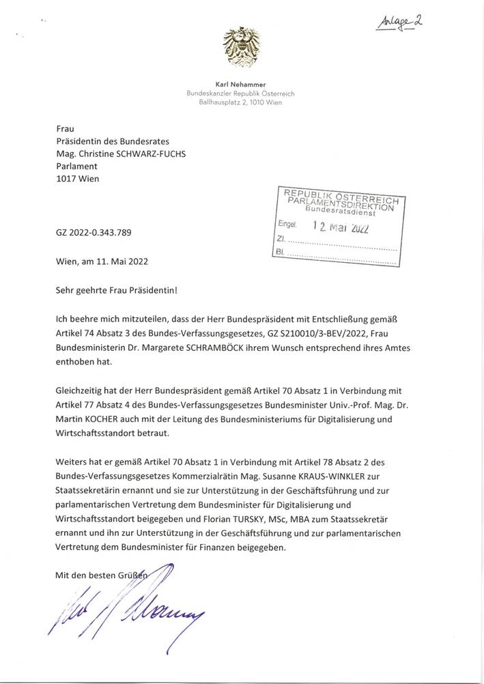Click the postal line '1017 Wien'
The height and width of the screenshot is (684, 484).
tap(78, 179)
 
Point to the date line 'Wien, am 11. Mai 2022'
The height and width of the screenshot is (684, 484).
tap(102, 261)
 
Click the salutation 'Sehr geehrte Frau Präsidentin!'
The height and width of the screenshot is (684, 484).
tap(117, 290)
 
